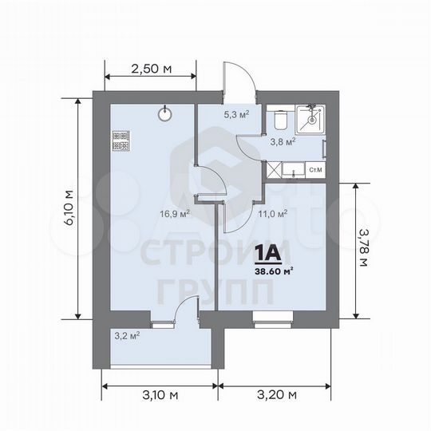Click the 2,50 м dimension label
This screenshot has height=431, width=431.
151,69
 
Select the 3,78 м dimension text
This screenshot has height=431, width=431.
363,248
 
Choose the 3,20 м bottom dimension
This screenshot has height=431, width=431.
276,393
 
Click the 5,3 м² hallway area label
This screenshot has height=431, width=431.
236,114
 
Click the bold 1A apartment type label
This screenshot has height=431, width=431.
267,254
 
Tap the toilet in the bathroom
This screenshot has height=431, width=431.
279,118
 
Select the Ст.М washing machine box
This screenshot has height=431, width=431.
314,169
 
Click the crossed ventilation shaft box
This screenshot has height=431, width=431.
275,169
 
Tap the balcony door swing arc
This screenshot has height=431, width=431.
184,306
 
